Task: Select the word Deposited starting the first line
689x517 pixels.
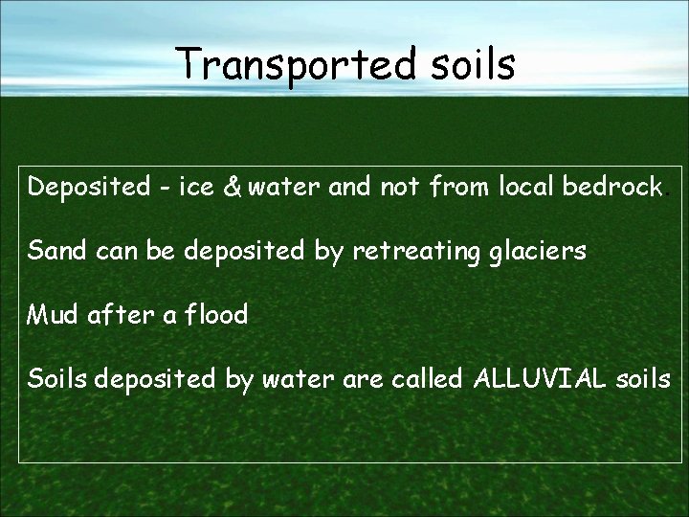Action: click(82, 188)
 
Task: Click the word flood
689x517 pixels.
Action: click(219, 314)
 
